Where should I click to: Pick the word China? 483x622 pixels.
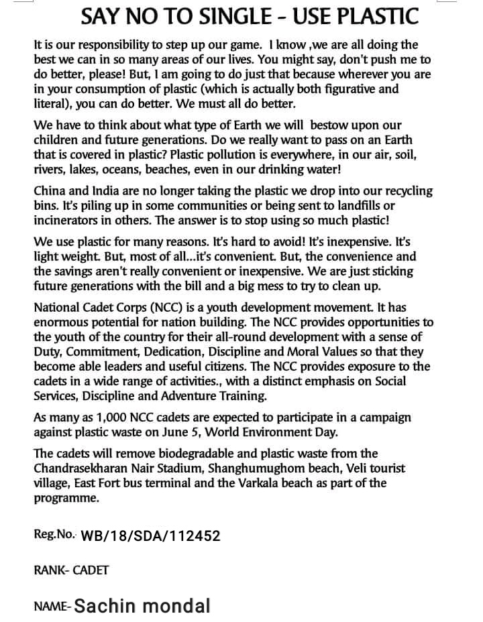pyautogui.click(x=49, y=191)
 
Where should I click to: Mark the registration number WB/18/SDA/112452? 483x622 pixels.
pyautogui.click(x=150, y=536)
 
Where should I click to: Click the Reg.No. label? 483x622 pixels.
pyautogui.click(x=55, y=535)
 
